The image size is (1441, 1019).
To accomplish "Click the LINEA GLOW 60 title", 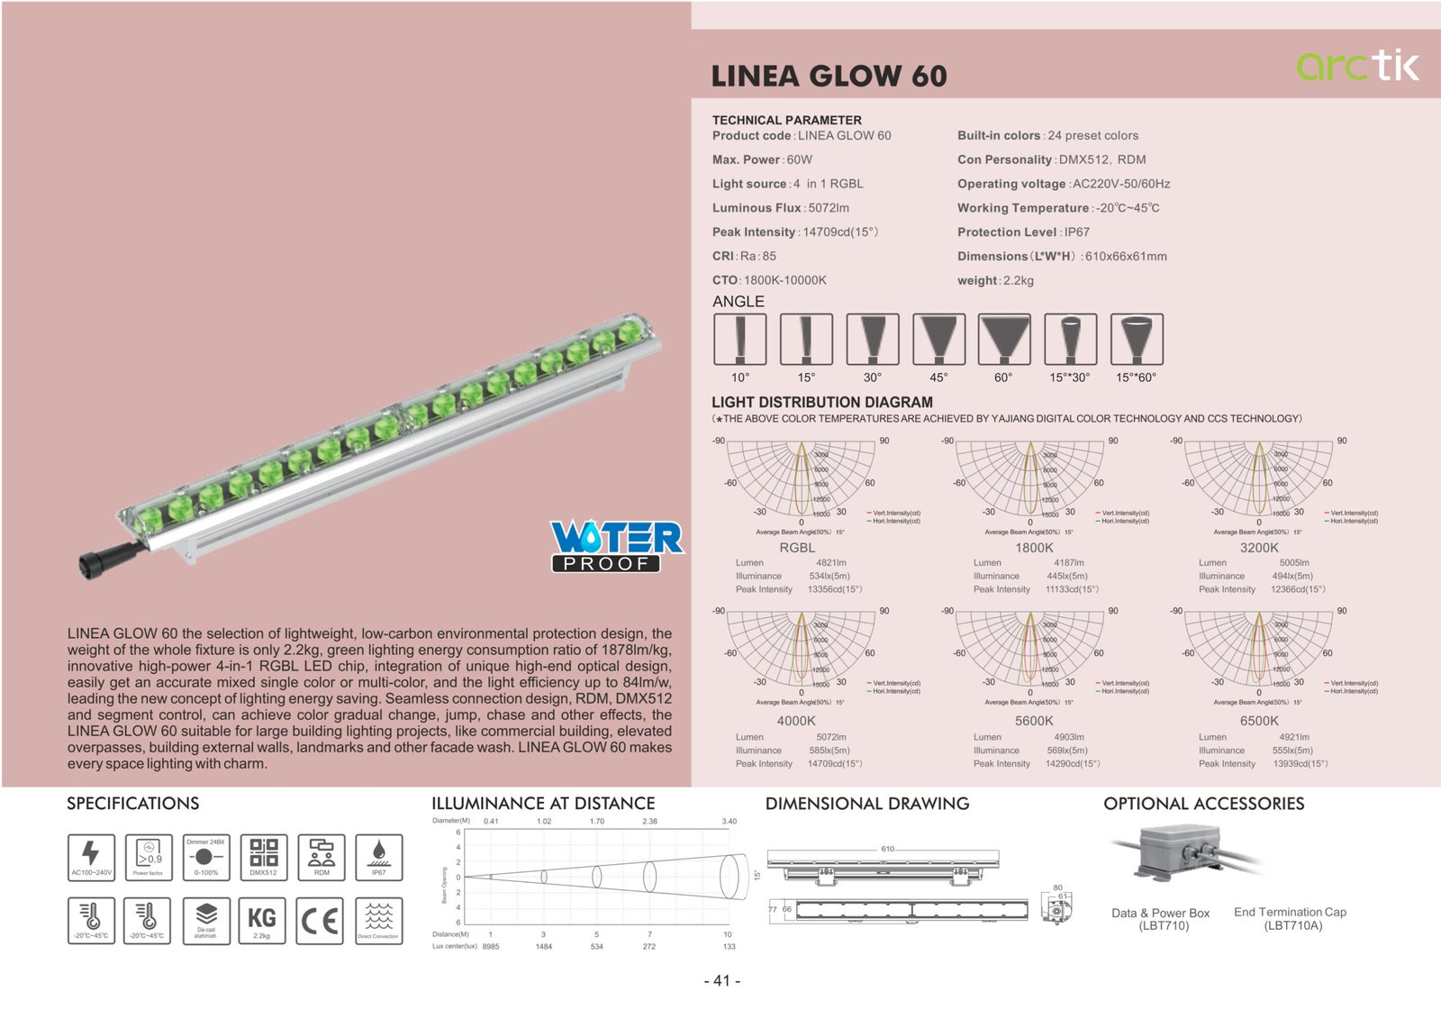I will [829, 77].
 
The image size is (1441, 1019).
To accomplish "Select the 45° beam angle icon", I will [938, 340].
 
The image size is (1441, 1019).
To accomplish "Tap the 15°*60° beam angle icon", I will [1137, 340].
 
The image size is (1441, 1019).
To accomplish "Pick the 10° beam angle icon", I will [739, 340].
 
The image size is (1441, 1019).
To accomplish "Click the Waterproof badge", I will [617, 546].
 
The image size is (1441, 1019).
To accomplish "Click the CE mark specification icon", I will [321, 920].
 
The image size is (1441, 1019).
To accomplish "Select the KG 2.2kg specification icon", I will [262, 920].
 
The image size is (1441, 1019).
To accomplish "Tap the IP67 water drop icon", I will [378, 856].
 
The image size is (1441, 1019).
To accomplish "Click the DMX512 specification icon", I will [263, 856].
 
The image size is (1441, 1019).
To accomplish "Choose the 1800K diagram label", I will [1034, 548].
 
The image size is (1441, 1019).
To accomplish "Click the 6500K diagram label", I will [1258, 721].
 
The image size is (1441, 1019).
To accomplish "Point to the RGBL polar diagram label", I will [797, 548].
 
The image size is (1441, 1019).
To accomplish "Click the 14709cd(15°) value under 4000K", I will [834, 764].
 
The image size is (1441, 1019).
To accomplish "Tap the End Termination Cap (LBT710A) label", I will [1290, 918].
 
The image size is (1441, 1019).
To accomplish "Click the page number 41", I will [721, 980].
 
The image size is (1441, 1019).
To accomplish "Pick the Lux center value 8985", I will [491, 947].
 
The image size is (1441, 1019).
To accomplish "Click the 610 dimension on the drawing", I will [887, 849].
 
